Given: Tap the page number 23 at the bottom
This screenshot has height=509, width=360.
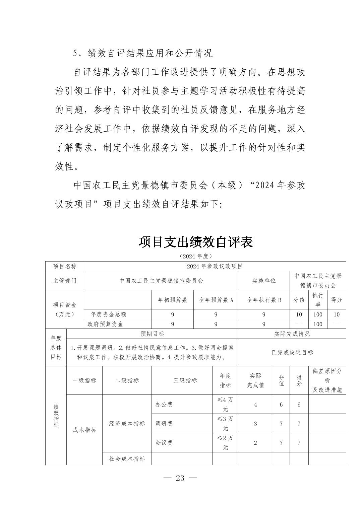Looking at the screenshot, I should (x=180, y=478).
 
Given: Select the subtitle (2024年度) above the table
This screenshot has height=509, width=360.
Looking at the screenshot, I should (x=196, y=256).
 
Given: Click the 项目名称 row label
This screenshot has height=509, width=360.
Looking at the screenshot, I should (x=65, y=266).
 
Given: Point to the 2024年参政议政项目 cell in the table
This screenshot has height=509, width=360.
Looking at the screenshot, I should (x=215, y=266).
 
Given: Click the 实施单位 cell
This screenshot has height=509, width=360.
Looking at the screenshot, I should (x=264, y=281).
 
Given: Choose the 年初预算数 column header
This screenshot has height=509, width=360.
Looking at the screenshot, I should (x=173, y=300).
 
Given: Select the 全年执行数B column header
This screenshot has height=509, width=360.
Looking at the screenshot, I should (x=264, y=300).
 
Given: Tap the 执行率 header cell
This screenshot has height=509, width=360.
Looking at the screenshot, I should (x=317, y=299).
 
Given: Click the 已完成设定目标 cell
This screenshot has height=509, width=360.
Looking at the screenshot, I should (x=292, y=352).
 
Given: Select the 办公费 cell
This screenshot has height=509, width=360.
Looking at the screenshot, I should (x=164, y=404).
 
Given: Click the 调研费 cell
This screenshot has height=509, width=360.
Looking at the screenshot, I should (x=164, y=423).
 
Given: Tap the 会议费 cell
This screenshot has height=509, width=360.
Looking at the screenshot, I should (x=164, y=442).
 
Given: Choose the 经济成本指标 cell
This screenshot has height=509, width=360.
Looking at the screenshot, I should (x=127, y=423).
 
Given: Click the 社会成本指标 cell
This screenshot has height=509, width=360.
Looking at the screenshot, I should (x=127, y=458).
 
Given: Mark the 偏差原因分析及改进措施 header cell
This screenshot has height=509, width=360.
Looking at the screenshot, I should (x=327, y=380).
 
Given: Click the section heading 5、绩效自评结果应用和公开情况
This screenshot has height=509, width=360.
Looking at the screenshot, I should (x=143, y=53).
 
